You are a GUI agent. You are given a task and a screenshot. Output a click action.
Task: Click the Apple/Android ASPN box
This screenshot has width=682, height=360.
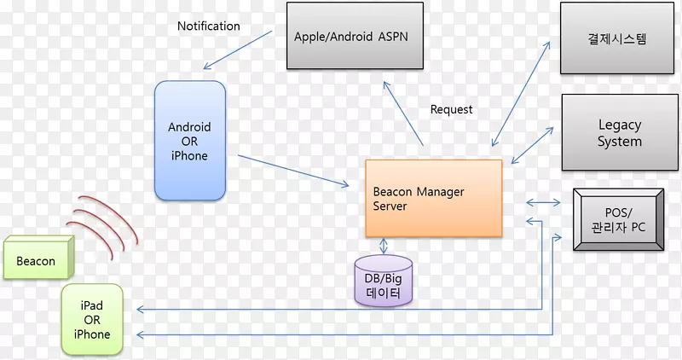pos(355,37)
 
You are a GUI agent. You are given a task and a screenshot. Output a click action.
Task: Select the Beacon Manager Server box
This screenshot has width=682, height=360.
pos(433,198)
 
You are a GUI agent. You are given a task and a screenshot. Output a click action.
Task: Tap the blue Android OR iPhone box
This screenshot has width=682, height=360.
pos(189,141)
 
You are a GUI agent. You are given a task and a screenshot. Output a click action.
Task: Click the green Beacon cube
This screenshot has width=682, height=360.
pos(38,259)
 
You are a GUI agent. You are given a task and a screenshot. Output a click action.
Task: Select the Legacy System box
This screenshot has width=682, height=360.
pos(620,132)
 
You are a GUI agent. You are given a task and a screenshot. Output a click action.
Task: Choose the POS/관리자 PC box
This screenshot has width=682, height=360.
pos(619,219)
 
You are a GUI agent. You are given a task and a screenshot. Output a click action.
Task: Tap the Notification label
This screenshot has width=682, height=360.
pos(208,26)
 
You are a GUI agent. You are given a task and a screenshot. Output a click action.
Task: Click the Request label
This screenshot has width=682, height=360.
pos(451,109)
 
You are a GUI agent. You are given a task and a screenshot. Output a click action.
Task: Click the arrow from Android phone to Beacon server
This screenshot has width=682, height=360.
pos(293,170)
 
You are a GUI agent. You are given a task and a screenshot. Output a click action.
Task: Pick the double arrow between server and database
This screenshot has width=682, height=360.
pos(383,246)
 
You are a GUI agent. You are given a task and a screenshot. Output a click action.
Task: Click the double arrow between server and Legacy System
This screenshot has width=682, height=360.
pos(532,143)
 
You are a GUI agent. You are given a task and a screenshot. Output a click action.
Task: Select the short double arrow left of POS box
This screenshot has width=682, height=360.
pos(544,202)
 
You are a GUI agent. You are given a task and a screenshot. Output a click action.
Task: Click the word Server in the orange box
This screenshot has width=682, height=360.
pos(390,206)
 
